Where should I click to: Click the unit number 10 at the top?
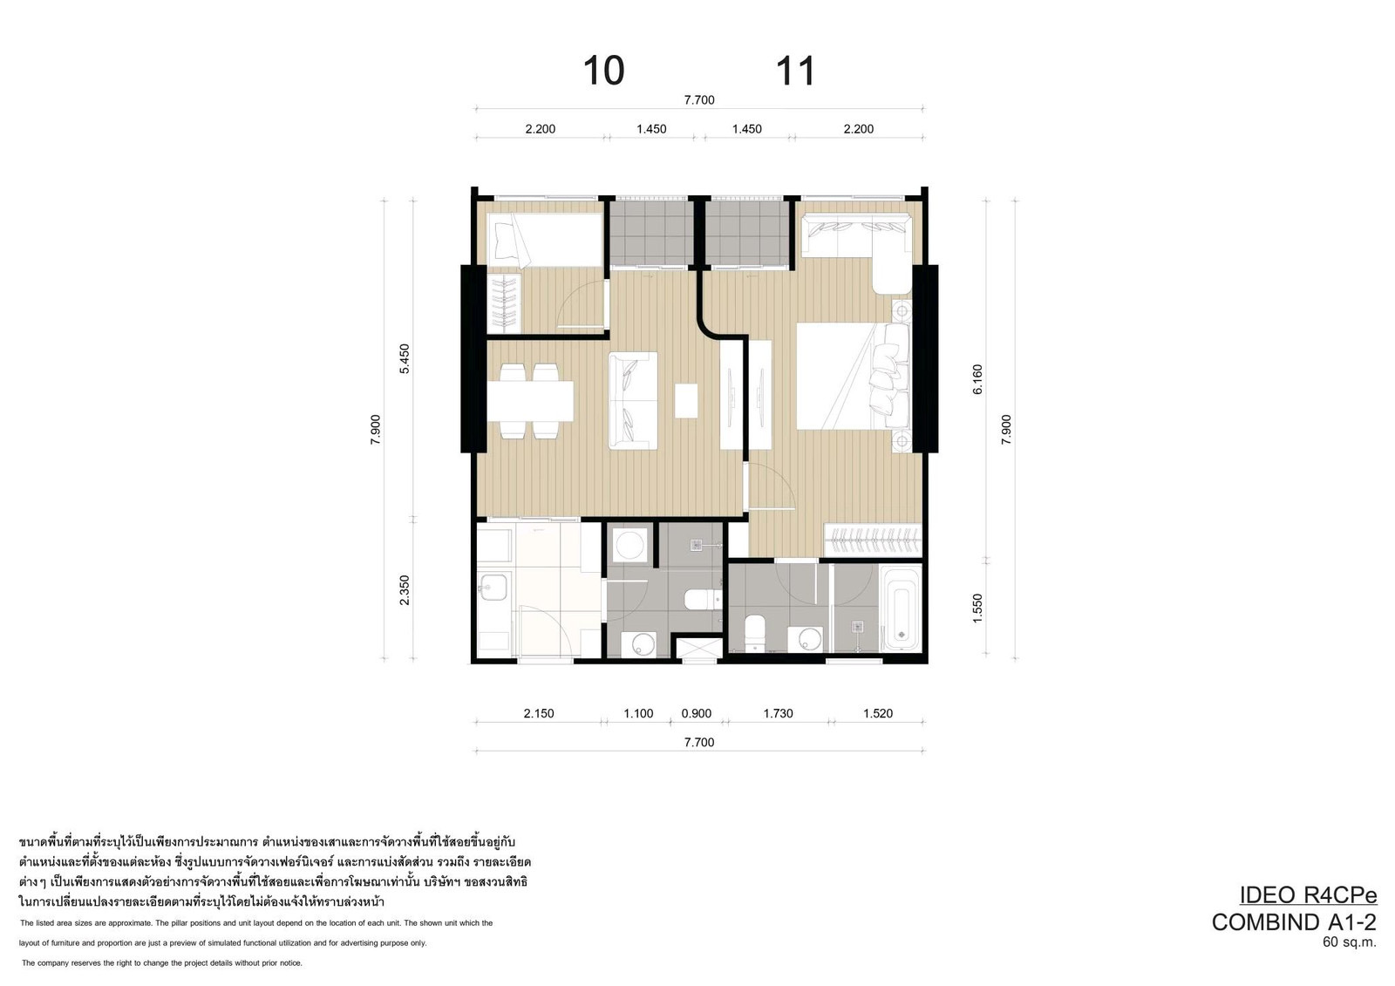603,71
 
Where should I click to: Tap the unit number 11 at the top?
794,71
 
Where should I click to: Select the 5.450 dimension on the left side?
405,358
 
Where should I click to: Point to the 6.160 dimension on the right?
977,378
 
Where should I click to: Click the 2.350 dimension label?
405,589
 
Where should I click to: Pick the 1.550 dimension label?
977,608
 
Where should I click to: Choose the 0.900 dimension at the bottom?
697,713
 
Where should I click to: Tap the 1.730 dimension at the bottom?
779,713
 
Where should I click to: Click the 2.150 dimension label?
539,713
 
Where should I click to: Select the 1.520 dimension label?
878,713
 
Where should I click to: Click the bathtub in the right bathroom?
901,609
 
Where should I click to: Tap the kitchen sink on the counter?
493,588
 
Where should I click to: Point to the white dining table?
530,401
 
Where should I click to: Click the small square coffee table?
686,400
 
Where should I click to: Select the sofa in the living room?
633,400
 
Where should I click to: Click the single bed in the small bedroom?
545,241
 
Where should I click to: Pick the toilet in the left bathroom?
703,600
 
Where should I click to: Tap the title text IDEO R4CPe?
1308,895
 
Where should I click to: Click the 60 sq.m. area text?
1350,942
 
